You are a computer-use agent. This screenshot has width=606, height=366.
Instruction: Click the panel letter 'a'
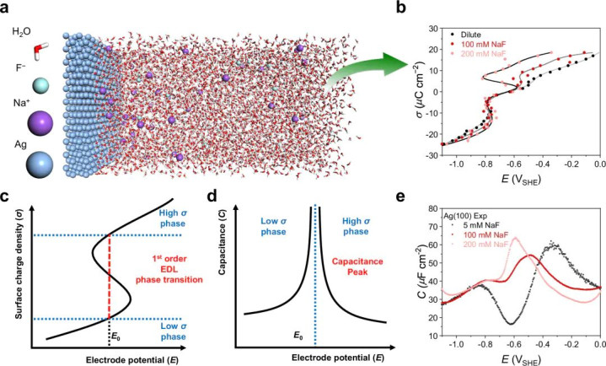[5, 7]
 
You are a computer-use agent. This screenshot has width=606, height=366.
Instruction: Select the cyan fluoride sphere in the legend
[40, 85]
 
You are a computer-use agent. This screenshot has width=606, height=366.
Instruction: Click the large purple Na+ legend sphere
[40, 123]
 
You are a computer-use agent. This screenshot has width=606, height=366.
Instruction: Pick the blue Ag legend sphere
[40, 164]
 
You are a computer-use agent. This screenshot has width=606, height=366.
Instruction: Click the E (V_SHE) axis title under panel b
[522, 180]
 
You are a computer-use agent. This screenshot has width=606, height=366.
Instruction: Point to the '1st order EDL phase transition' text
[169, 269]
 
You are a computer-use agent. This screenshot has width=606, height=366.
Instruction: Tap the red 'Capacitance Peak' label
[357, 266]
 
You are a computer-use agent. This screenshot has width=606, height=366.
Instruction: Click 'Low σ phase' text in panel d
[273, 226]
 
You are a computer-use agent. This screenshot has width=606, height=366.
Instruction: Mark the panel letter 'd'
[212, 196]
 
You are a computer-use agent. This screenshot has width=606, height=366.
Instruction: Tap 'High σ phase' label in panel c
[173, 218]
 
